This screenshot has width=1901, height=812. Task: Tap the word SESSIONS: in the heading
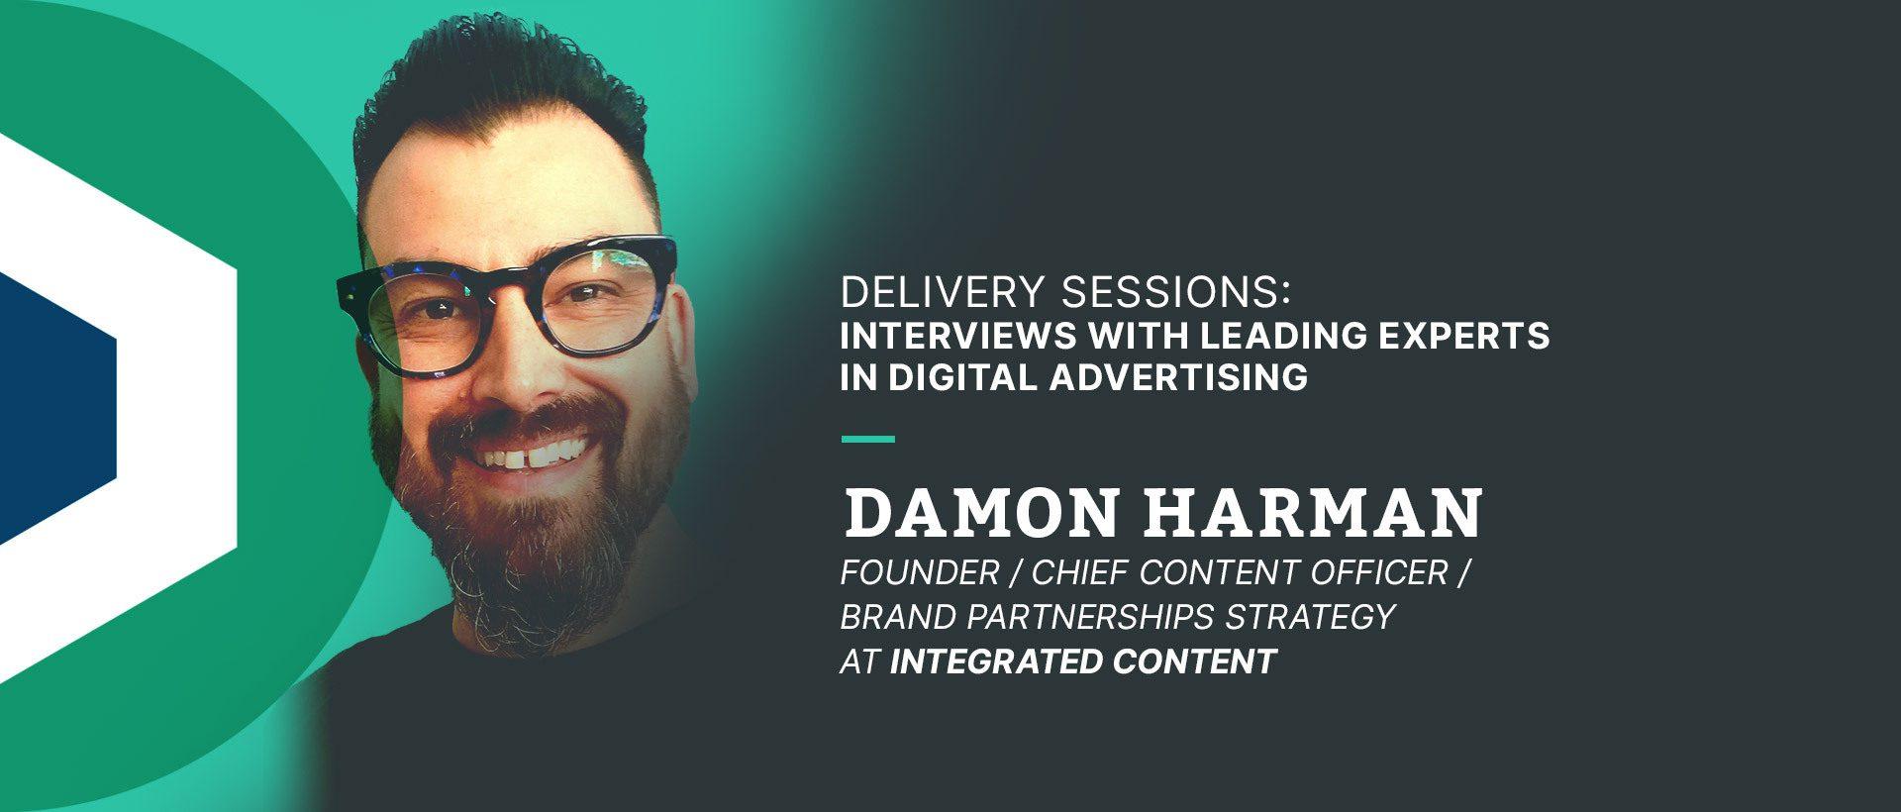click(x=1176, y=293)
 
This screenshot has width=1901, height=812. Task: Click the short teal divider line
click(x=867, y=439)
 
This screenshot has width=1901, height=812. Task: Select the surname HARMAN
click(x=1314, y=513)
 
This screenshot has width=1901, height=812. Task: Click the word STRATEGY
click(x=1311, y=617)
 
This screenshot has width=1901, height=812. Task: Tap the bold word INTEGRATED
click(x=996, y=660)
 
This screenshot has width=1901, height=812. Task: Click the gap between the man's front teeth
click(x=522, y=459)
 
